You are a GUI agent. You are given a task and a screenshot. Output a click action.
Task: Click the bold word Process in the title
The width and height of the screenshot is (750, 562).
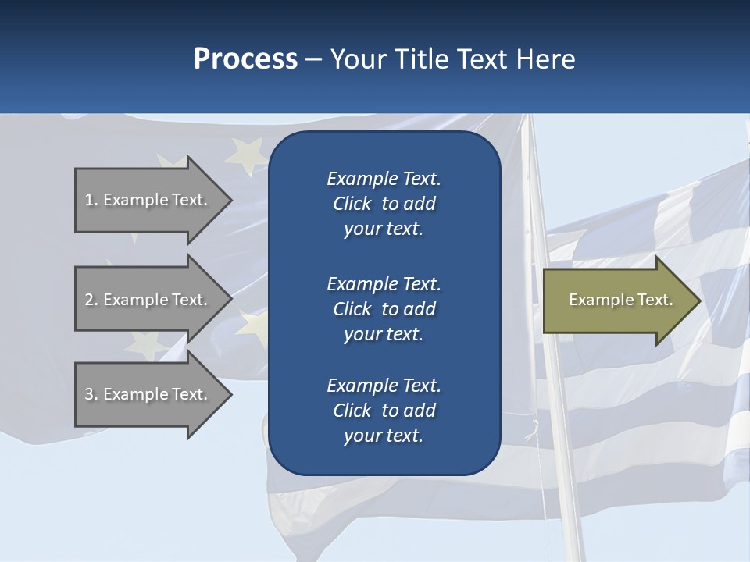[245, 59]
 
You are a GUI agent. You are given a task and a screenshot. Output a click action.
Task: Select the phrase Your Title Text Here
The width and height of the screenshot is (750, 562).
[453, 59]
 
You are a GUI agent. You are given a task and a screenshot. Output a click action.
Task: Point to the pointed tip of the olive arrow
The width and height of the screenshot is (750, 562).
[698, 301]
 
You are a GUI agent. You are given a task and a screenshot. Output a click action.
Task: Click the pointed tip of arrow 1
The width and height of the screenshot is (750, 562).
[229, 200]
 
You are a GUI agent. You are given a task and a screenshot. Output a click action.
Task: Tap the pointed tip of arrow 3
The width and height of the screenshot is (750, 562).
[229, 394]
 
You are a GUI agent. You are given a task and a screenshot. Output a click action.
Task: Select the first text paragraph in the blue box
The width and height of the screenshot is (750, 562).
[384, 204]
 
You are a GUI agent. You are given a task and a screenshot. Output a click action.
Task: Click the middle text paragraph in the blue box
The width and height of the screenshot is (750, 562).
[384, 309]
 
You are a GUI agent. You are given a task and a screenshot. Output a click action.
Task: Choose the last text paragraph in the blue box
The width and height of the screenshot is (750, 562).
[384, 411]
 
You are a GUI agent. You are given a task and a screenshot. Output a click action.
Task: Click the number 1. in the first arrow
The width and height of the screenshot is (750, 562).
[91, 200]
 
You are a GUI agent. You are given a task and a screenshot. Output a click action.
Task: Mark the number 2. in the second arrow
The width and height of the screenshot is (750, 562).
[91, 300]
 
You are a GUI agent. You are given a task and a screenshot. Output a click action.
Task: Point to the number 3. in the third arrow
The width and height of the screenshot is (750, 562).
[91, 394]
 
